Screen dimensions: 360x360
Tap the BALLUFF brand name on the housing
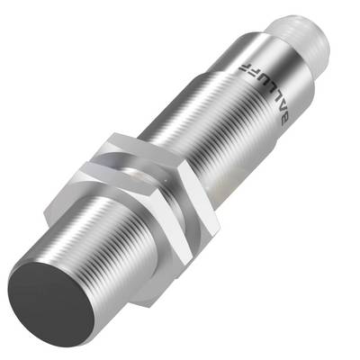[263, 92]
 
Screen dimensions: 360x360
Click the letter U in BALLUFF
[260, 84]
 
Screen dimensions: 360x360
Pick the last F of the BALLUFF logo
[244, 66]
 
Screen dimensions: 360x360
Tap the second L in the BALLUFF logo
[267, 92]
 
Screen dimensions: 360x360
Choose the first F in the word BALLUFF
[252, 75]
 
